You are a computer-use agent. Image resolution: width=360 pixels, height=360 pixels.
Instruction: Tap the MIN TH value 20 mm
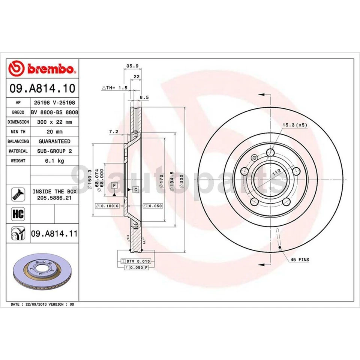(x=54, y=132)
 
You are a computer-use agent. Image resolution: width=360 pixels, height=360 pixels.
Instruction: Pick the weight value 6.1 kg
(x=54, y=160)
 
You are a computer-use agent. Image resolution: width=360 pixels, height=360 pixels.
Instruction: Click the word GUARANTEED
(x=54, y=141)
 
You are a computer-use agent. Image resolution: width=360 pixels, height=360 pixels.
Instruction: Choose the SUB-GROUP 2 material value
(x=54, y=151)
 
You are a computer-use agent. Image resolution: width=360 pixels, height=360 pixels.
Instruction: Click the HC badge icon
(x=18, y=214)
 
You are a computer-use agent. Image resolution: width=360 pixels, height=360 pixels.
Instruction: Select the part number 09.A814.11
(x=54, y=234)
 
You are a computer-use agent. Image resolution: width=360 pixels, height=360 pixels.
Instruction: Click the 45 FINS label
(x=298, y=259)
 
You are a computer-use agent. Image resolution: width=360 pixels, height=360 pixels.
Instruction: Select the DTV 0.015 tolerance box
(x=136, y=261)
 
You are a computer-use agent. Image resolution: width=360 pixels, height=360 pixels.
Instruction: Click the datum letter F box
(x=114, y=185)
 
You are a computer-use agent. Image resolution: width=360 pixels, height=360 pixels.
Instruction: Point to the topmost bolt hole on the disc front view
(x=270, y=152)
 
